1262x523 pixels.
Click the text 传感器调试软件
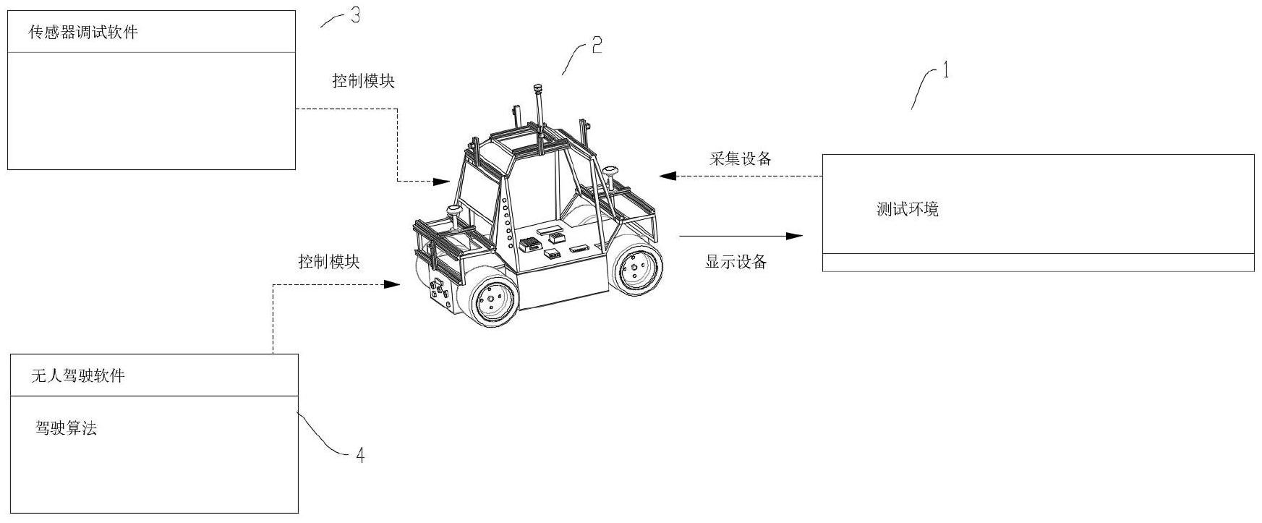pos(82,33)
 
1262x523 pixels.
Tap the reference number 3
pos(355,16)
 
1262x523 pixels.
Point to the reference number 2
pos(597,46)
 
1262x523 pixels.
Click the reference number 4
pos(359,455)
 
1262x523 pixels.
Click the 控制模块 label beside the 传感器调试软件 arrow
pos(363,81)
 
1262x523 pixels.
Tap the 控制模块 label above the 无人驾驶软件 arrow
pos(329,262)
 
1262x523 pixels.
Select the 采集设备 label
pos(740,159)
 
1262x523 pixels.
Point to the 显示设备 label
pos(736,262)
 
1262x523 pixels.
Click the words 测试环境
pos(908,210)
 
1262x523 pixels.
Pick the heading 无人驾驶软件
pos(78,376)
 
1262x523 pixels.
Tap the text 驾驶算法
pos(66,428)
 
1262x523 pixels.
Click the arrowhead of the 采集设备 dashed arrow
pos(667,175)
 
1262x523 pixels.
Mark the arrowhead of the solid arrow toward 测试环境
pos(794,236)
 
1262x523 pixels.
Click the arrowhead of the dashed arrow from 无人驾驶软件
pos(391,284)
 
